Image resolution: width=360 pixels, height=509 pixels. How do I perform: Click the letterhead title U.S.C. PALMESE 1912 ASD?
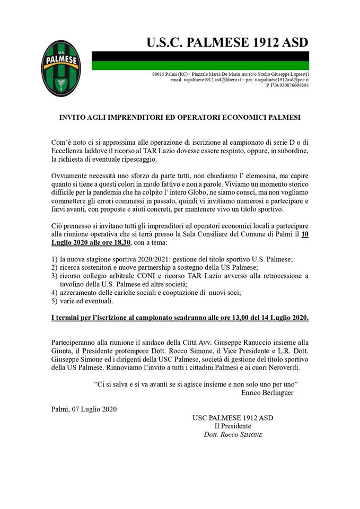227,42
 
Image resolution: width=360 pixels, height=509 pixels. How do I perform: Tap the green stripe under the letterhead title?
200,65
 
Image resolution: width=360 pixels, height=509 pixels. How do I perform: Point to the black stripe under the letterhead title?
200,56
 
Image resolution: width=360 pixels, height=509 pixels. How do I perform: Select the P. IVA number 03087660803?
287,85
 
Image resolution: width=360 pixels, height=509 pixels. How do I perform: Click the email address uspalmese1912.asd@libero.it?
203,80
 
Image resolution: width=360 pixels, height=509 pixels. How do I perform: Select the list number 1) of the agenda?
55,259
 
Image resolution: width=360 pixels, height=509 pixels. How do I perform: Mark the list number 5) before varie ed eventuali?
55,301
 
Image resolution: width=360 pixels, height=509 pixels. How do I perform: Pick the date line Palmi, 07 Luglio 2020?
84,408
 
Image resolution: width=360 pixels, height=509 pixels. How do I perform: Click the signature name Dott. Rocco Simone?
233,435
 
